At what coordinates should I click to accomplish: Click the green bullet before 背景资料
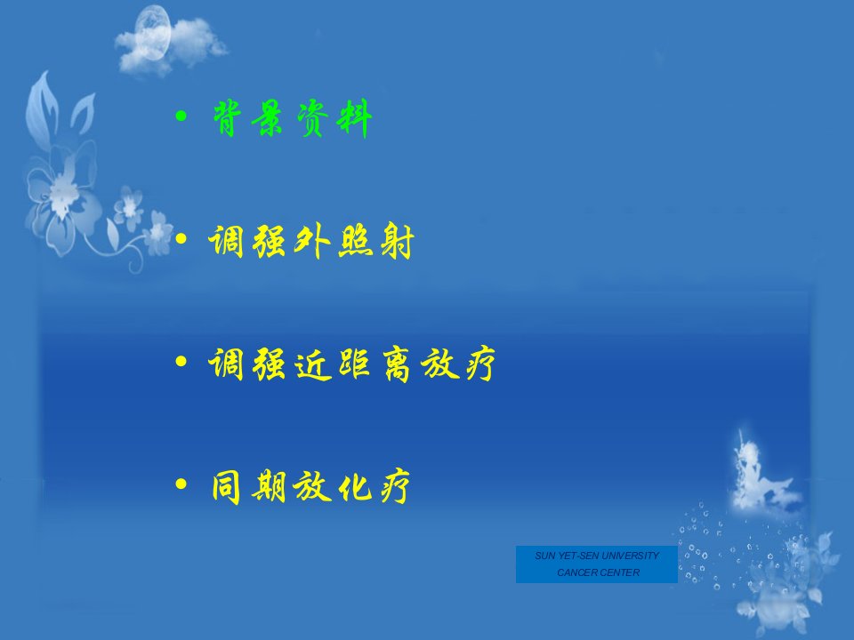181,116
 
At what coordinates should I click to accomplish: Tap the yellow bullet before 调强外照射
181,238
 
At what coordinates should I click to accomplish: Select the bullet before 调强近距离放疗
181,362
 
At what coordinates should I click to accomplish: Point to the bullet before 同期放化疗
181,484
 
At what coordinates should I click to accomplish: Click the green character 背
227,118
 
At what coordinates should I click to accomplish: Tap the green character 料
355,118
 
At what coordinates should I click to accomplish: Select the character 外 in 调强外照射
311,241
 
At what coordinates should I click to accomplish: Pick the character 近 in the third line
312,364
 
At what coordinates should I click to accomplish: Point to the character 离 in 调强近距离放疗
396,364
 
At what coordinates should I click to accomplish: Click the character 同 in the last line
226,487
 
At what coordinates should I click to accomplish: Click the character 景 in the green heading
268,118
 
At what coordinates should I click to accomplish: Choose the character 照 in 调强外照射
355,241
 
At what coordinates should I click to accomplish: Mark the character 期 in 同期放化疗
269,487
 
